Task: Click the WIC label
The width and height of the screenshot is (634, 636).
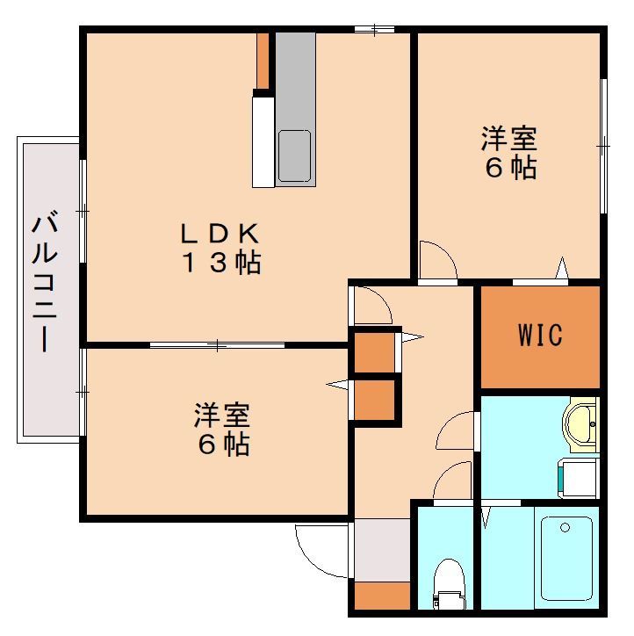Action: point(540,334)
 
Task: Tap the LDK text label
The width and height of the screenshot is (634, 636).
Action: point(220,233)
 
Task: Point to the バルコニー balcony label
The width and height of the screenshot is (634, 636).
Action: point(45,280)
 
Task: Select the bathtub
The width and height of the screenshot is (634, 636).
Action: point(566,559)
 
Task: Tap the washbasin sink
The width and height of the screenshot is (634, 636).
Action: point(580,424)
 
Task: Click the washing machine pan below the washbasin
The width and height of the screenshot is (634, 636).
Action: point(579,478)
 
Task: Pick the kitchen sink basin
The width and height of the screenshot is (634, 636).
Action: point(294,155)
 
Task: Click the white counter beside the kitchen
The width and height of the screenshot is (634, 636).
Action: point(263,142)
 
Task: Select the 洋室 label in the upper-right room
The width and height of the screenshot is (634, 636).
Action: point(509,139)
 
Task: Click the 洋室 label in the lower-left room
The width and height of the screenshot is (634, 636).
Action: point(221,415)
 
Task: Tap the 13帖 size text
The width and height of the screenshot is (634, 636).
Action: point(221,263)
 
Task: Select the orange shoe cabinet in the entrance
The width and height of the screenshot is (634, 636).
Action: point(382,596)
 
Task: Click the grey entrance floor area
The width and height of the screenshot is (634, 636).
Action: point(382,551)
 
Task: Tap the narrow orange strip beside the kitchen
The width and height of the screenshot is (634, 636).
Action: point(263,61)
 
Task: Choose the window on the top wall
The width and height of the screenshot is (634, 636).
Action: point(375,29)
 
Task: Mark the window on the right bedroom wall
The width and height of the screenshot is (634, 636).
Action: point(603,146)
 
